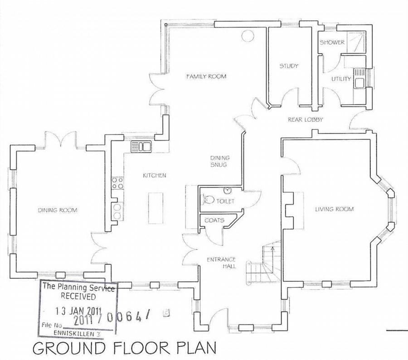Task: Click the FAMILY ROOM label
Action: (206, 77)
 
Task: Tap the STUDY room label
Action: (288, 66)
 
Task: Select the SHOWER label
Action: (332, 43)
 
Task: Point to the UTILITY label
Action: (341, 79)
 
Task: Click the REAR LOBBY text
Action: (305, 120)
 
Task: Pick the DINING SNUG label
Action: (220, 161)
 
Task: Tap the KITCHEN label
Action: (155, 175)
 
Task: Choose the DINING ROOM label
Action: (58, 210)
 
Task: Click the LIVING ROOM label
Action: (335, 209)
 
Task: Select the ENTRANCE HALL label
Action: (221, 263)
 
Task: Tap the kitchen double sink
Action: (141, 147)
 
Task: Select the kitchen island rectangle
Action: (155, 207)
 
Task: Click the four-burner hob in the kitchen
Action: (117, 183)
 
